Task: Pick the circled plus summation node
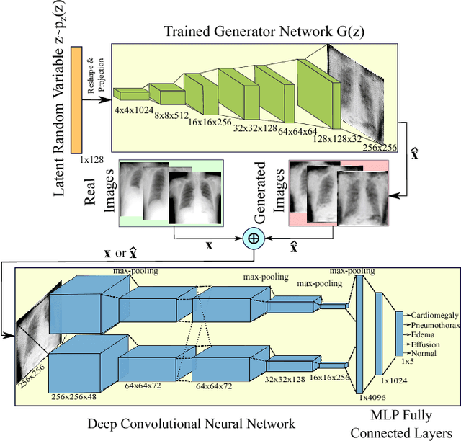253,239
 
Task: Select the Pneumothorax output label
436,325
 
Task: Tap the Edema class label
423,334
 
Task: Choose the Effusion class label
426,344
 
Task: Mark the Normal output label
424,353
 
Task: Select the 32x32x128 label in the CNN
286,377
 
